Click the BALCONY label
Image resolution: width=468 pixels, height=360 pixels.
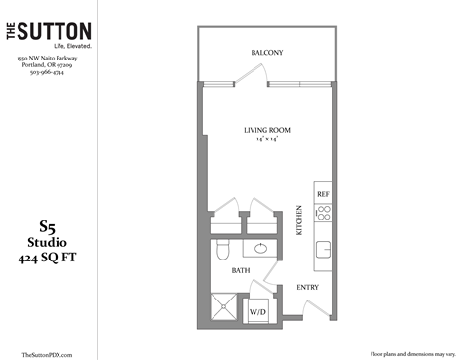tap(267, 52)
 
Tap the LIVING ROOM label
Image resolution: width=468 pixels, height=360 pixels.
tap(267, 130)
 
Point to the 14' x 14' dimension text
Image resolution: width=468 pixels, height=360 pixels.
tap(267, 140)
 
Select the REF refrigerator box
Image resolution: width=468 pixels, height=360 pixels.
tap(323, 193)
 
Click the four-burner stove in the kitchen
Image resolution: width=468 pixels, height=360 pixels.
tap(323, 213)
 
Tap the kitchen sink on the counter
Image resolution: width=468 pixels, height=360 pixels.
tap(323, 248)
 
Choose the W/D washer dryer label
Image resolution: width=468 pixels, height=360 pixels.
tap(258, 311)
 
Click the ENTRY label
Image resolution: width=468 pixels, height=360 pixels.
tap(308, 287)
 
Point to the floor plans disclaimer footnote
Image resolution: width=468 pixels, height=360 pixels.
tap(412, 353)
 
